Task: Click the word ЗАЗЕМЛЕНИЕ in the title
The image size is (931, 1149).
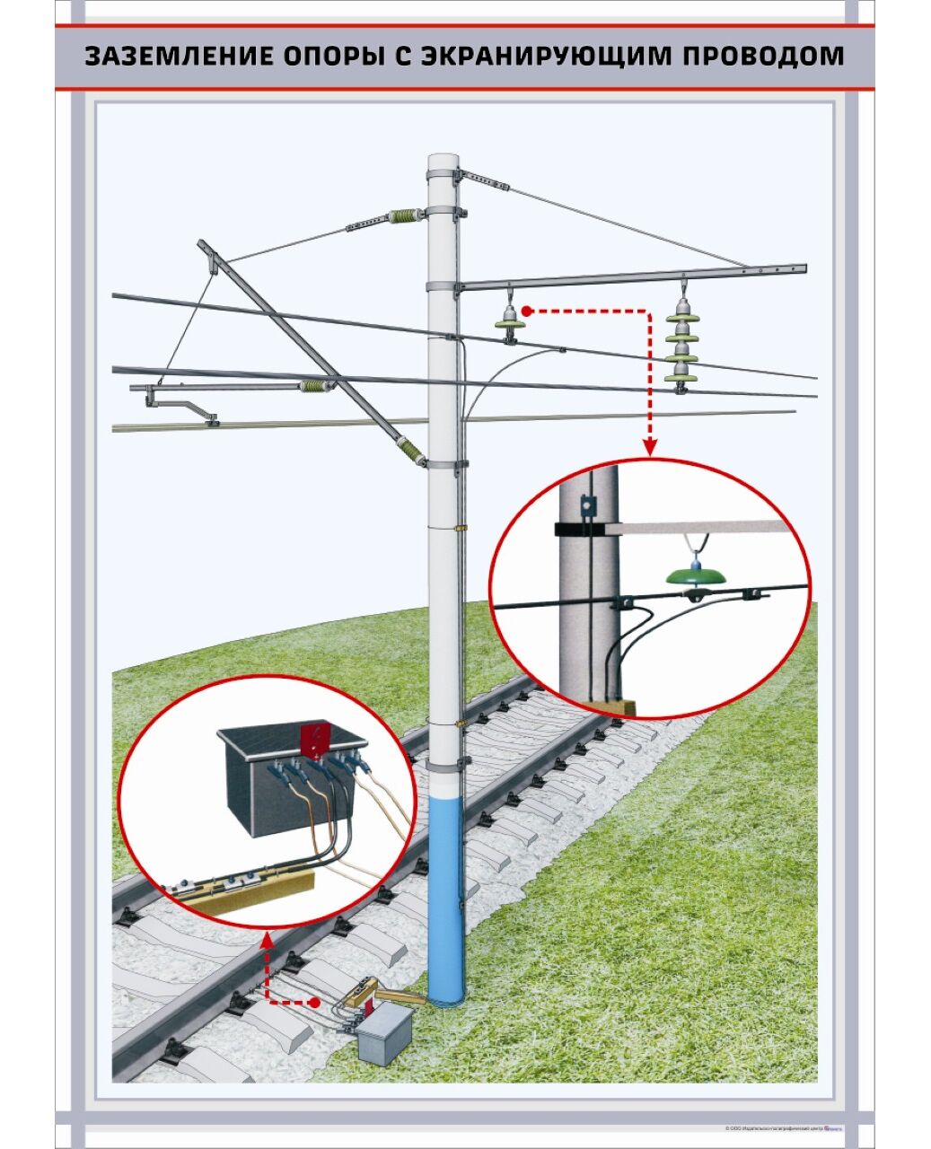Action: pyautogui.click(x=170, y=56)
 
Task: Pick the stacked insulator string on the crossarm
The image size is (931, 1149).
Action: pyautogui.click(x=681, y=345)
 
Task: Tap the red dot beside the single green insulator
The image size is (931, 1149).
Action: pyautogui.click(x=528, y=311)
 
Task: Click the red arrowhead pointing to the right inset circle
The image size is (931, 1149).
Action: pyautogui.click(x=649, y=445)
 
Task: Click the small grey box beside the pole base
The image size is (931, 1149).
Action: pyautogui.click(x=384, y=1033)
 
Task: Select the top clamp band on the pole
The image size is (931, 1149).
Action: pyautogui.click(x=443, y=174)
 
